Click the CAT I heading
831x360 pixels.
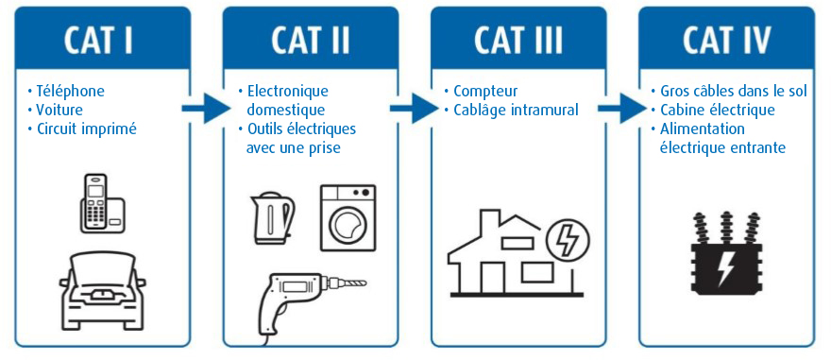pyautogui.click(x=98, y=39)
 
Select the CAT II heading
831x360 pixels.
pyautogui.click(x=311, y=39)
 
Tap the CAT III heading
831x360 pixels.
pyautogui.click(x=518, y=39)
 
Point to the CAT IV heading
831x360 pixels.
pyautogui.click(x=726, y=39)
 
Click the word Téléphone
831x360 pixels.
pyautogui.click(x=70, y=92)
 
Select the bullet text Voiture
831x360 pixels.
pyautogui.click(x=59, y=111)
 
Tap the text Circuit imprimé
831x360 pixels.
pyautogui.click(x=86, y=129)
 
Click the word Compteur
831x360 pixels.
pyautogui.click(x=485, y=92)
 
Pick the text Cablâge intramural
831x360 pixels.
pyautogui.click(x=516, y=111)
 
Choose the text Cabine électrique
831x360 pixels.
pyautogui.click(x=717, y=111)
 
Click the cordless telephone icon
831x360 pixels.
pyautogui.click(x=103, y=203)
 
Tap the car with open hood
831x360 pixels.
pyautogui.click(x=102, y=290)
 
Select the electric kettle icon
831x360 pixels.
pyautogui.click(x=272, y=218)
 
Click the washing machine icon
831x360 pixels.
pyautogui.click(x=348, y=218)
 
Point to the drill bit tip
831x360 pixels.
pyautogui.click(x=365, y=283)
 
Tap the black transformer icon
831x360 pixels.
pyautogui.click(x=725, y=253)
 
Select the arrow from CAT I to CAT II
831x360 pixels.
pyautogui.click(x=206, y=109)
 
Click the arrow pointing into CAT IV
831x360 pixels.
pyautogui.click(x=621, y=109)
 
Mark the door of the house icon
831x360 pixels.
pyautogui.click(x=490, y=275)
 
